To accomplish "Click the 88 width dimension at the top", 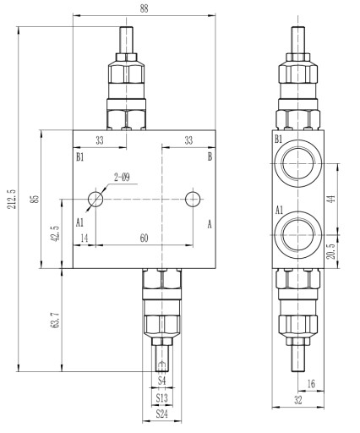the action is coord(144,8).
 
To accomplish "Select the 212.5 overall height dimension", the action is coord(12,199).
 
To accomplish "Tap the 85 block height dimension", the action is coord(35,199).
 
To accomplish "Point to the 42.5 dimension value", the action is coord(55,233).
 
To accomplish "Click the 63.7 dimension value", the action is coord(55,320).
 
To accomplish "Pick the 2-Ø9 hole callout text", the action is coord(122,178).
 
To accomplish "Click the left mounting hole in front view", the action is coord(95,199).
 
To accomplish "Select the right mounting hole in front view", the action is coord(193,199).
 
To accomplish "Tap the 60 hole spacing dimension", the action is coord(144,238).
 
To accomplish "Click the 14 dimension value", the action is coord(85,238).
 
